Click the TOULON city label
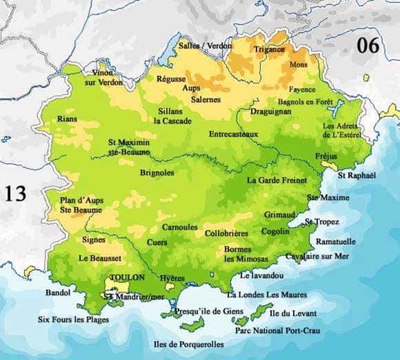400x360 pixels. pos(128,277)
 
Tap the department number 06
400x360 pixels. pos(369,46)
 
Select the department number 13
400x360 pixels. pos(15,193)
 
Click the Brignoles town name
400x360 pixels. pos(157,172)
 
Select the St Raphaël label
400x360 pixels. pos(357,176)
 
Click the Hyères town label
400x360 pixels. pos(172,277)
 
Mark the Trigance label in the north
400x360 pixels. pos(269,49)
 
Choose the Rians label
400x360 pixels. pos(68,119)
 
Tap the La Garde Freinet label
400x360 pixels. pos(275,180)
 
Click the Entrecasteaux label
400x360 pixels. pos(233,134)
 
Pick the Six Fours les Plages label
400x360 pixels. pos(73,319)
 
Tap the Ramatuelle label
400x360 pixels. pos(336,241)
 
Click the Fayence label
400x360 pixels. pos(302,90)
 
